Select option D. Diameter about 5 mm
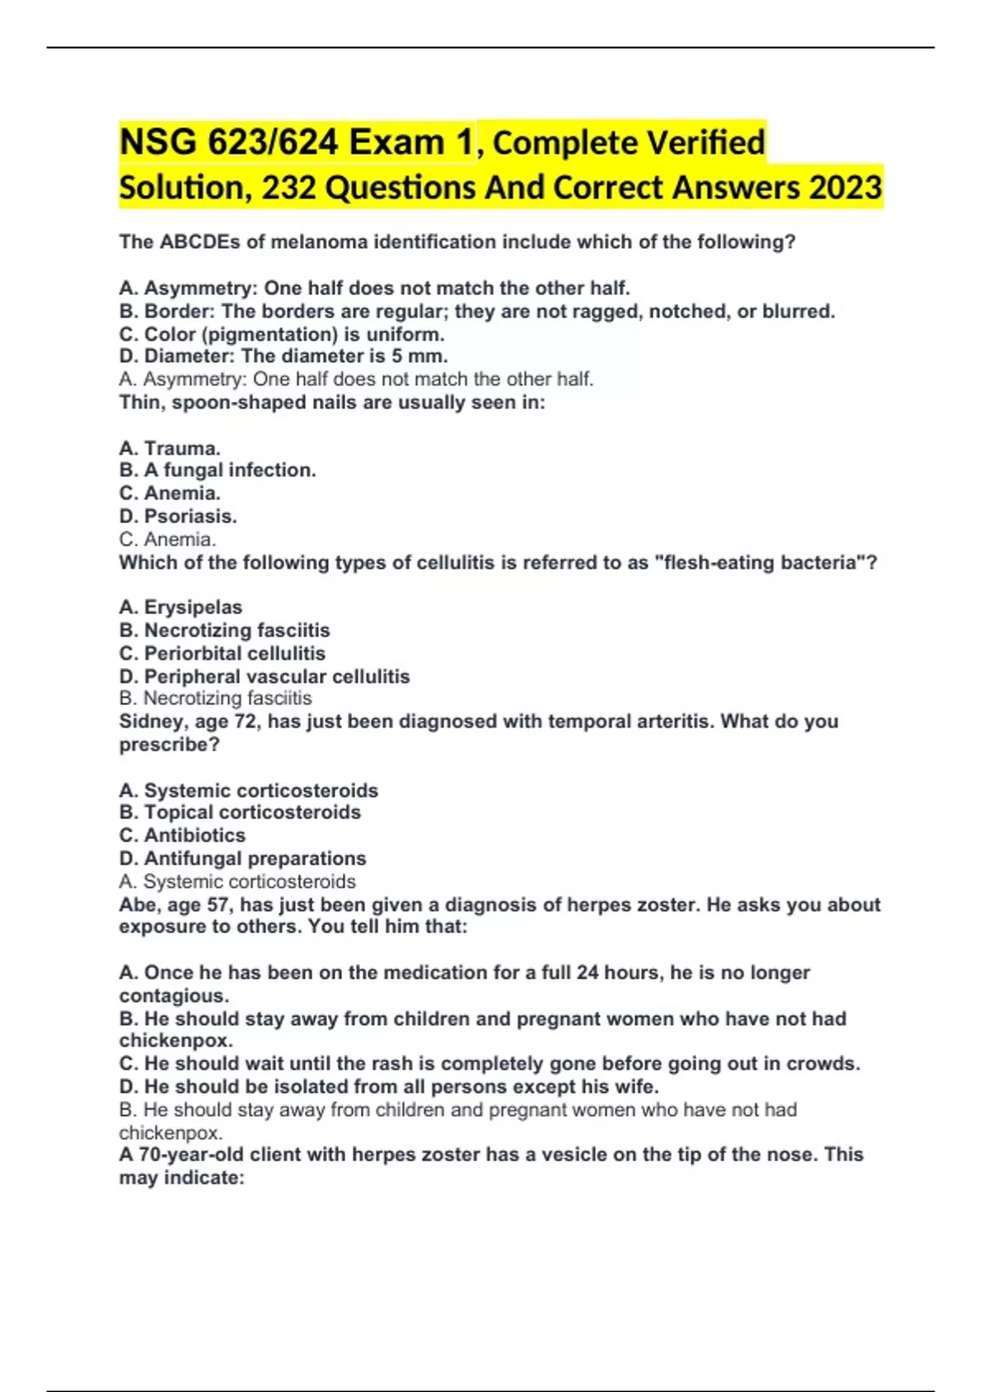click(283, 356)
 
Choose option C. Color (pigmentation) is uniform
click(282, 334)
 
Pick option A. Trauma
click(169, 448)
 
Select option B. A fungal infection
click(217, 470)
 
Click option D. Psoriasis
click(178, 517)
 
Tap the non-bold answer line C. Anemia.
click(168, 540)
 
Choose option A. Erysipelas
click(180, 608)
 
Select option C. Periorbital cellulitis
click(222, 653)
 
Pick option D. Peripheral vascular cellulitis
click(264, 676)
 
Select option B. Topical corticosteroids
click(240, 812)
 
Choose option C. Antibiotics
click(182, 835)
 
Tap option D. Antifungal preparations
click(242, 858)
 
